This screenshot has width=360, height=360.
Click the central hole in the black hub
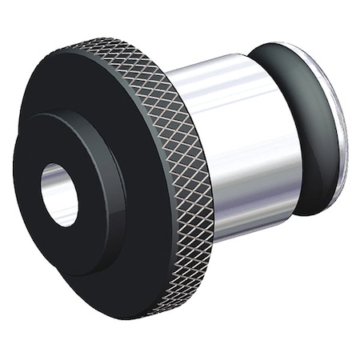click(59, 194)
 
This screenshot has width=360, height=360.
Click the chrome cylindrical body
click(240, 144)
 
